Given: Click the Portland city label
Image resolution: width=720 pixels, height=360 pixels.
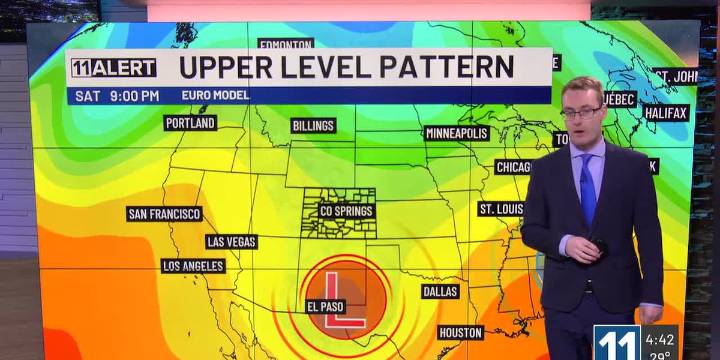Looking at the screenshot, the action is pos(190,123).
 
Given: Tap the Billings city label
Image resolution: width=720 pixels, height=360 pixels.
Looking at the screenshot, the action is pos(313,126).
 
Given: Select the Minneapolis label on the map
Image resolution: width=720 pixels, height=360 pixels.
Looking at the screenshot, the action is pos(456,133).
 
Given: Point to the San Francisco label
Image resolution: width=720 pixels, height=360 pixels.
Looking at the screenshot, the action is pos(165,214).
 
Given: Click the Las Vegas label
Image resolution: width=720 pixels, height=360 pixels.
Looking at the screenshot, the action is pos(231,242).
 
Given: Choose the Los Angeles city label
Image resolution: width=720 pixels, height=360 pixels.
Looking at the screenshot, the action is pos(194,266).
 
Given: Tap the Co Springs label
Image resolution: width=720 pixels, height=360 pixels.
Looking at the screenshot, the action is pos(347,211).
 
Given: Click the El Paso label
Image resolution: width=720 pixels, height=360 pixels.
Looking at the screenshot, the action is pos(326,306).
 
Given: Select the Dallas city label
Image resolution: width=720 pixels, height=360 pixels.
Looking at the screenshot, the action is pos(440,291).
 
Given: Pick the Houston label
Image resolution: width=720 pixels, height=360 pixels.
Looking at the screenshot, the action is pos(460,332).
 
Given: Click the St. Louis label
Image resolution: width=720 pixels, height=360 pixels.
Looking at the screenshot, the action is pos(501,209).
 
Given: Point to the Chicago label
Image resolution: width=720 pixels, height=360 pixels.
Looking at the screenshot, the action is pos(514,167).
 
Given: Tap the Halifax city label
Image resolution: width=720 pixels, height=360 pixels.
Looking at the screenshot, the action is pos(666,113).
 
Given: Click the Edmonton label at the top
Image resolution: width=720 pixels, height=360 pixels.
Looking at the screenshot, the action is pos(286,45).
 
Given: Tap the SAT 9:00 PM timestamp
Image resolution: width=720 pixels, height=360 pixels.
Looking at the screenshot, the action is pos(115,95).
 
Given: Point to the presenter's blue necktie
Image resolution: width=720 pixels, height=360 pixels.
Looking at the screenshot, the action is pos(588,190).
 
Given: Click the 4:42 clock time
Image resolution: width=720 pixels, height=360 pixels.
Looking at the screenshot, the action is pos(659,338).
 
